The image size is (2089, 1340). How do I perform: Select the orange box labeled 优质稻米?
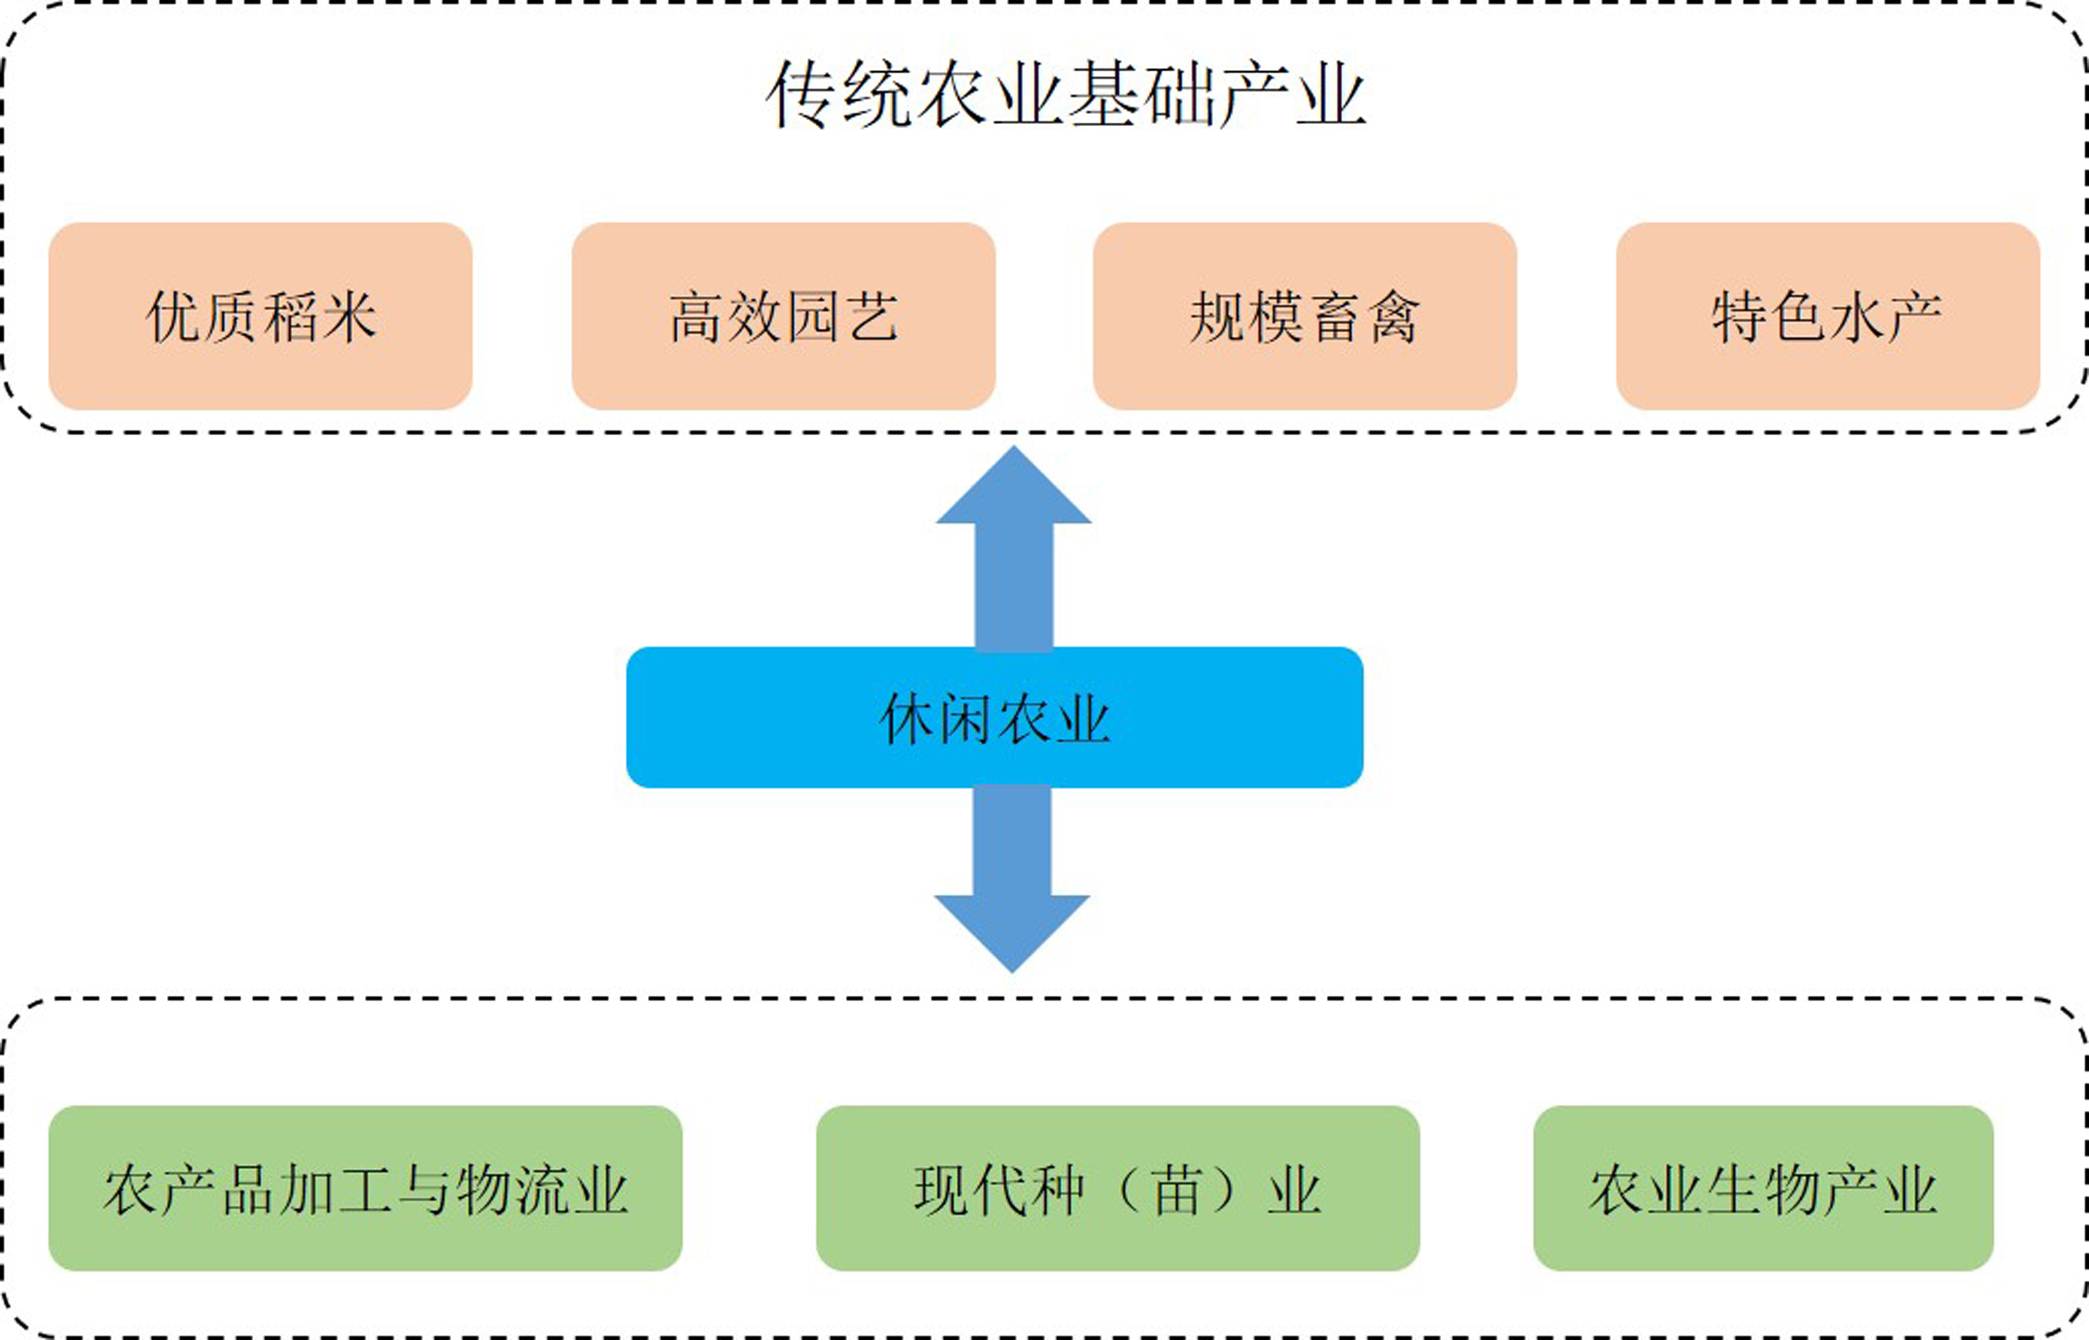point(260,316)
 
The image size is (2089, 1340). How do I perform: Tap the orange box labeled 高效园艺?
point(783,316)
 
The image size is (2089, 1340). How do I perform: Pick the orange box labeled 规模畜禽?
point(1304,316)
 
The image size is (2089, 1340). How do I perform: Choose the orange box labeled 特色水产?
point(1827,316)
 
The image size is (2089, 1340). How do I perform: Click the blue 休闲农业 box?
point(994,718)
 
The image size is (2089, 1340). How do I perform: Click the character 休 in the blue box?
point(907,718)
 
